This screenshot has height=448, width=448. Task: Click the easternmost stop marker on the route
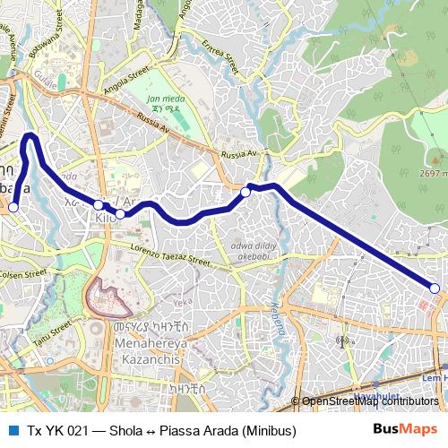point(435,289)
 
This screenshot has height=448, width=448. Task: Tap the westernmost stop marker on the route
point(13,207)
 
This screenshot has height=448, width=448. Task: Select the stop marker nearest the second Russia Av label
point(246,192)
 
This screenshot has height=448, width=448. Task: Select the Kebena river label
point(275,313)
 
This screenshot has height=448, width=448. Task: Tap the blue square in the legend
point(12,431)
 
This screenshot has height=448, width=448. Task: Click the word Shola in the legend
point(125,431)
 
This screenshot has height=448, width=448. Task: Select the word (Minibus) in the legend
point(268,431)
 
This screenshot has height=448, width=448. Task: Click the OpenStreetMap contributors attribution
point(369,401)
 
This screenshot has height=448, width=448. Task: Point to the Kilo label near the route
point(105,218)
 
